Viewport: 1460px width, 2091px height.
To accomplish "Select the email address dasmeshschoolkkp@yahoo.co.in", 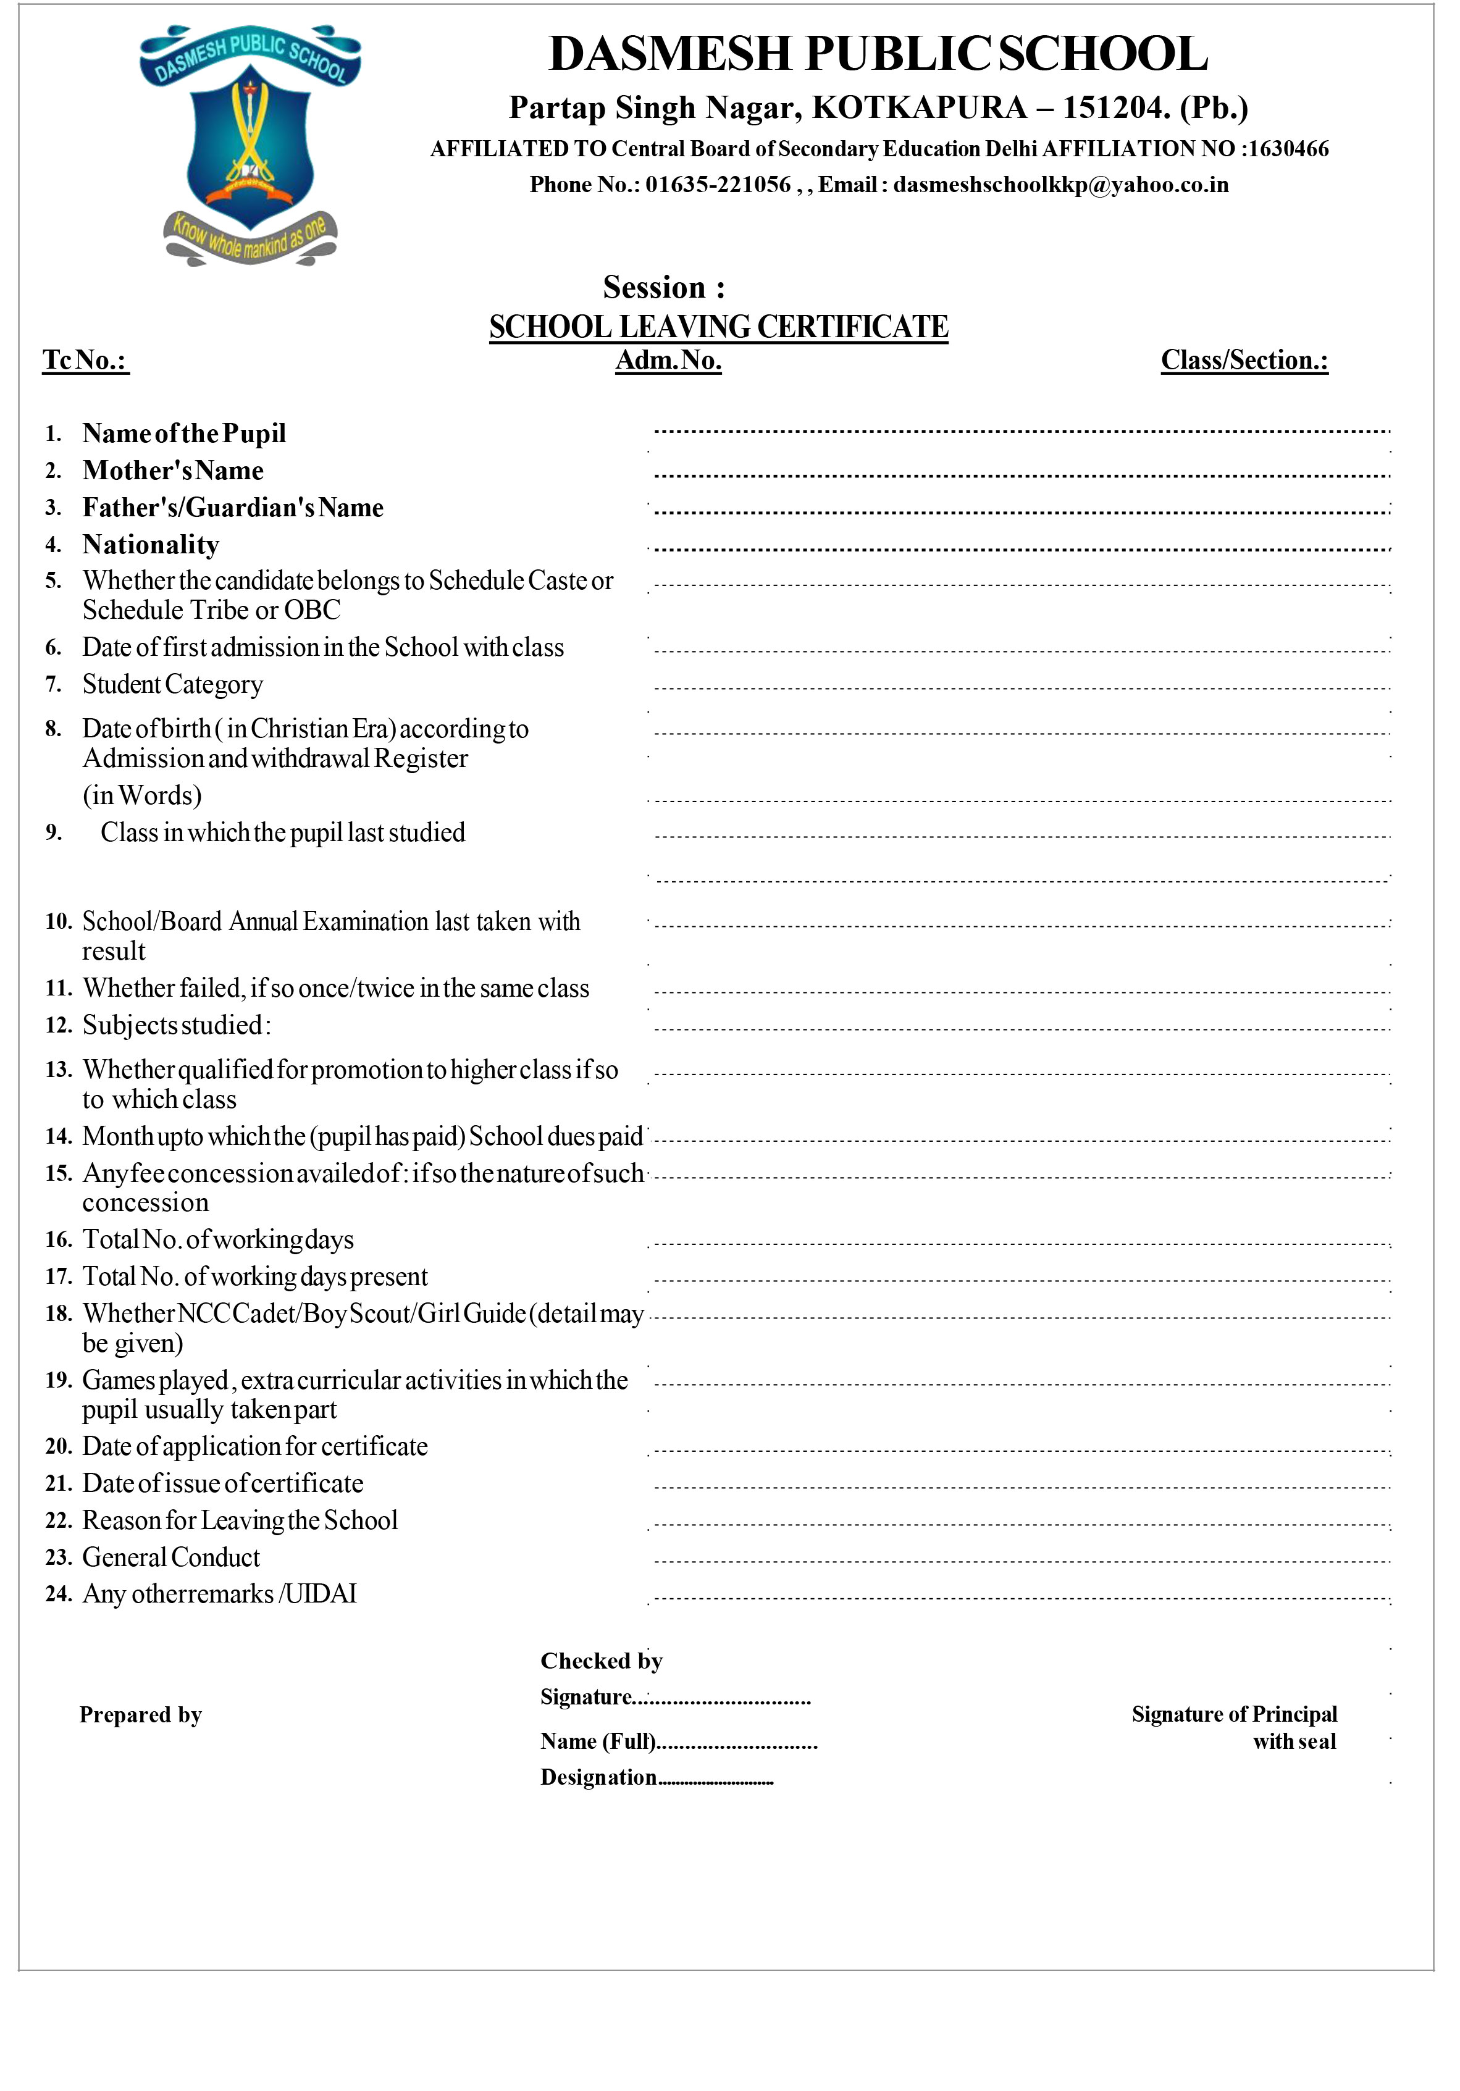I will [1060, 185].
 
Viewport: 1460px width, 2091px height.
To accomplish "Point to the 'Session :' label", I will [664, 288].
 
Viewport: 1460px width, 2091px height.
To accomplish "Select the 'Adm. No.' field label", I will [668, 361].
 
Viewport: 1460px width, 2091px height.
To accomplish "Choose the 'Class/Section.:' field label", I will [1243, 361].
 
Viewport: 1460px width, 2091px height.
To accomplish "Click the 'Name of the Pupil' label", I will [184, 434].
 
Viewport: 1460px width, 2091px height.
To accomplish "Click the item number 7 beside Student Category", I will [54, 684].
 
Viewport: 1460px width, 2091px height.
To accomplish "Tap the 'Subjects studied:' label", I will [177, 1026].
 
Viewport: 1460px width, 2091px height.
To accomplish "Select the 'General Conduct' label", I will [171, 1557].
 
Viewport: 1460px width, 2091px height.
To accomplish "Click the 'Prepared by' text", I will [140, 1715].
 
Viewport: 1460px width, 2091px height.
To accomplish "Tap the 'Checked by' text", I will [601, 1661].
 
